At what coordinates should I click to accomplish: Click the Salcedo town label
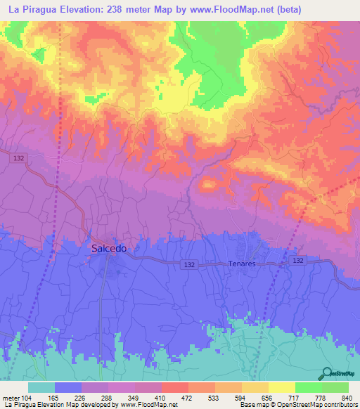[109, 248]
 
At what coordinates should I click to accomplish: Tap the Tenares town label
[242, 264]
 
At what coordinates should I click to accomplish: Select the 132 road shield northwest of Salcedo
[19, 160]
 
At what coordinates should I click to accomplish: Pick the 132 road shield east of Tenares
[298, 260]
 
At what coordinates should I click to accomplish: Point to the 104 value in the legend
[27, 397]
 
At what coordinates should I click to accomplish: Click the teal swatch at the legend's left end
[41, 387]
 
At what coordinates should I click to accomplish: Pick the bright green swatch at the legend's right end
[335, 387]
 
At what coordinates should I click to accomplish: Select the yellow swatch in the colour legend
[281, 387]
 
